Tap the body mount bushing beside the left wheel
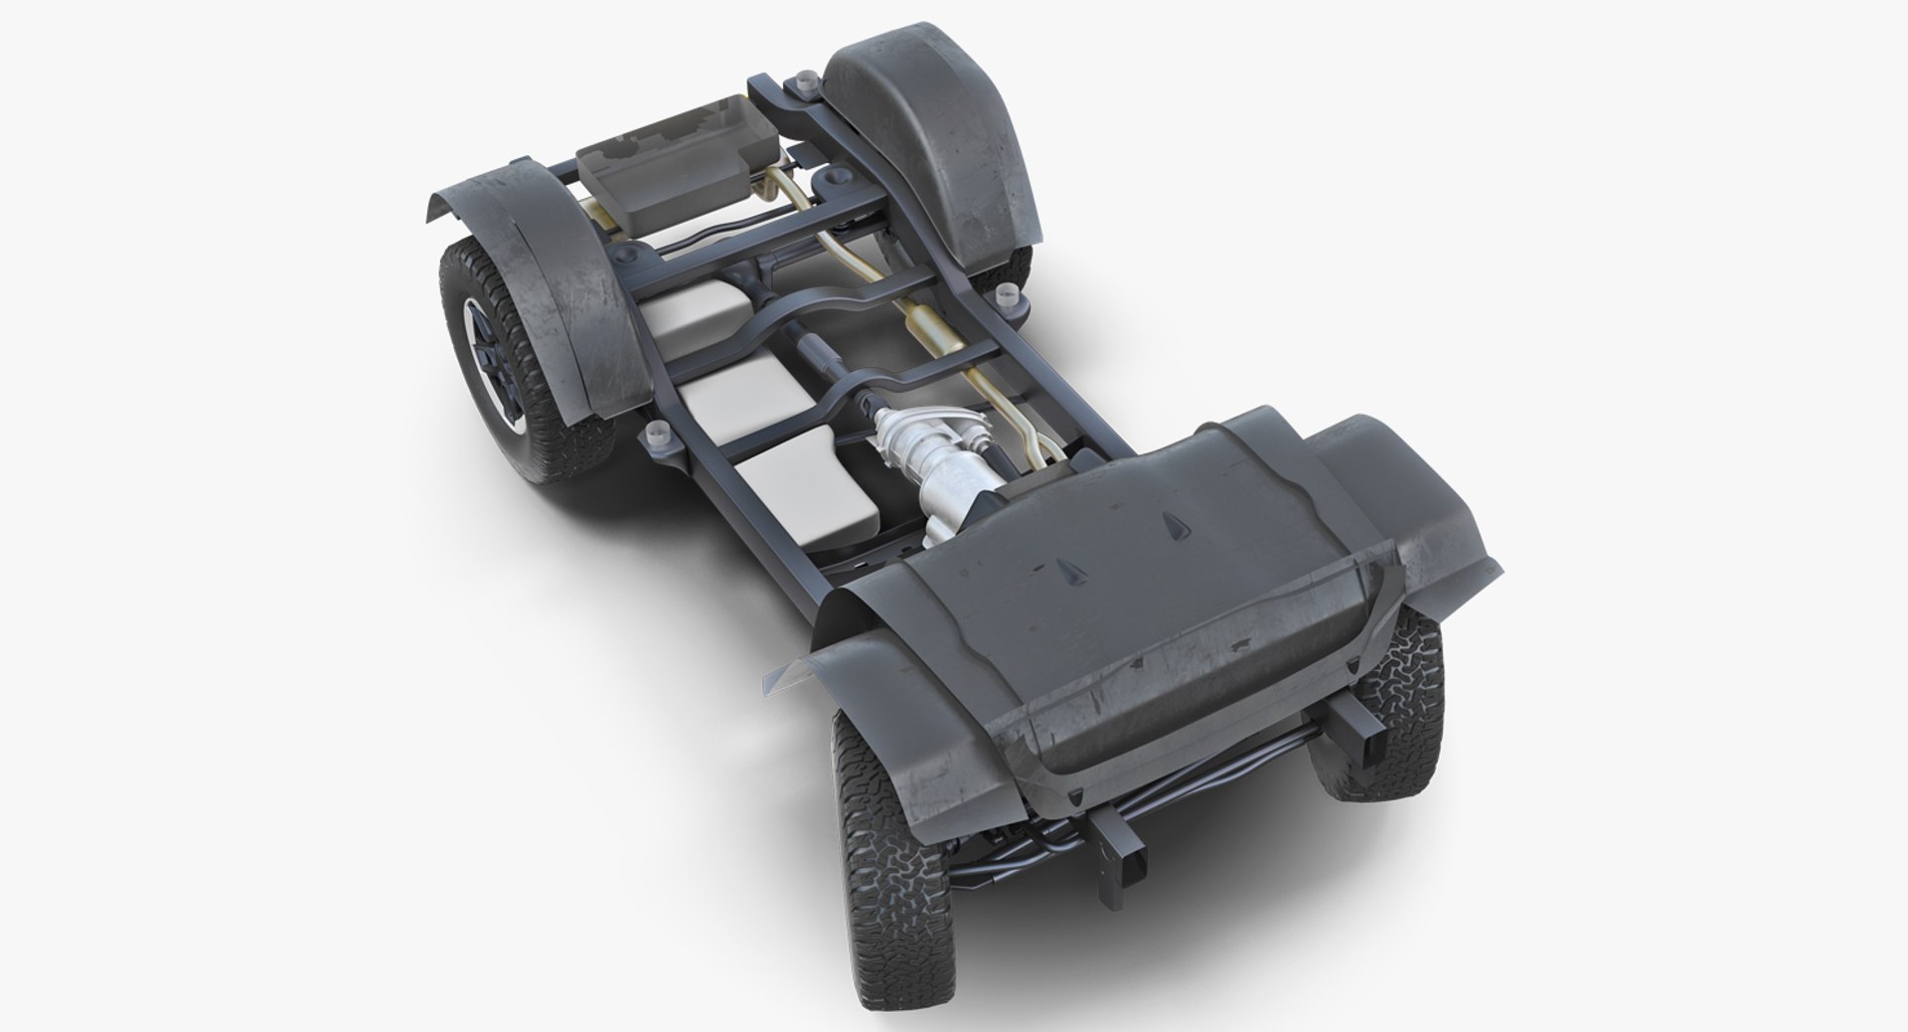pos(656,434)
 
